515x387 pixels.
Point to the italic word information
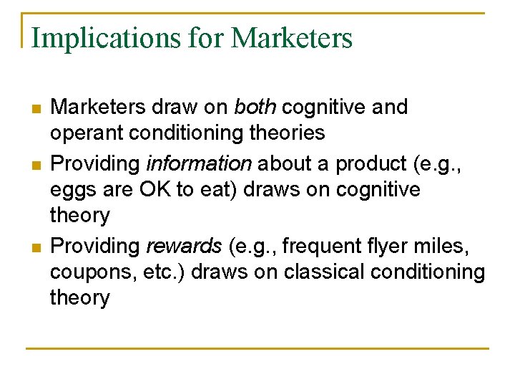[x=198, y=163]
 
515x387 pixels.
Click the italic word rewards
[x=184, y=246]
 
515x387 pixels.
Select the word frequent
[x=335, y=246]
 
